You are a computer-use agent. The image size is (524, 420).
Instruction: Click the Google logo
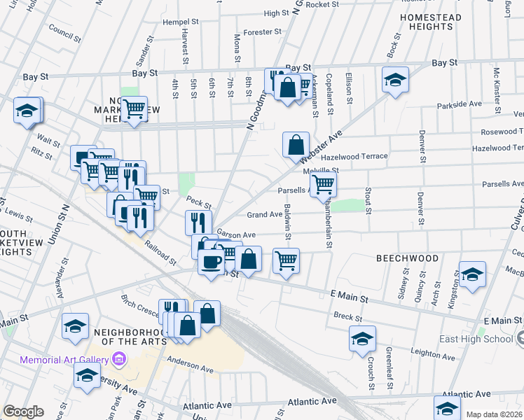23,412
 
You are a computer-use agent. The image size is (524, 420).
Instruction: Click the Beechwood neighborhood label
407,258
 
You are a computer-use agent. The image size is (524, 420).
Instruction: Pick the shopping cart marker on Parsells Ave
323,185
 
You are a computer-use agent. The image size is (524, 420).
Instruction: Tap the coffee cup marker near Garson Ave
211,262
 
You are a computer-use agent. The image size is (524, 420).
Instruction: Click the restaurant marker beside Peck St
198,223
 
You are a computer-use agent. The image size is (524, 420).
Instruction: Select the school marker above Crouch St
361,339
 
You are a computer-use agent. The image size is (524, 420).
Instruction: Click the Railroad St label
160,252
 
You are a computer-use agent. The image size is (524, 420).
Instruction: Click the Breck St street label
347,317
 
